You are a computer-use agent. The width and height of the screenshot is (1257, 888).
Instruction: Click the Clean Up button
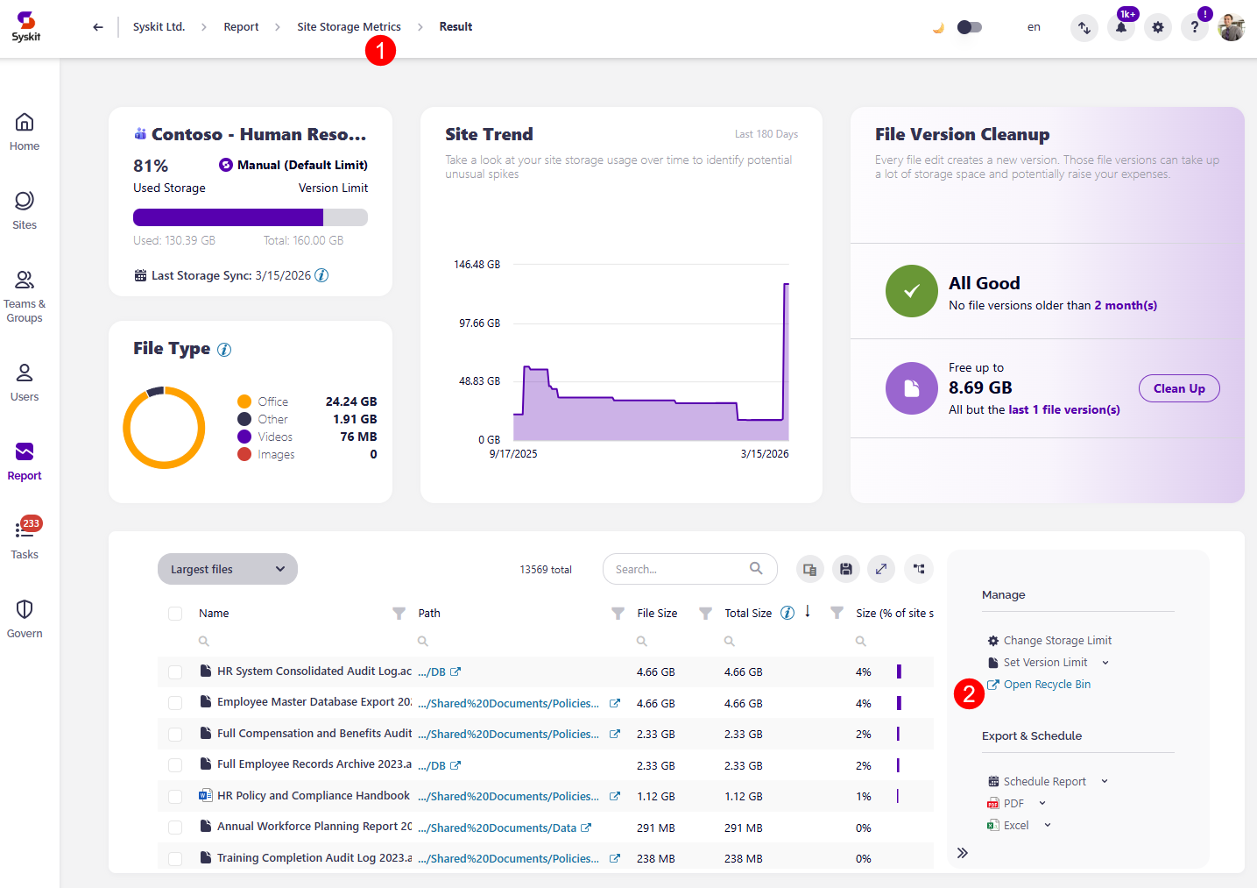coord(1178,388)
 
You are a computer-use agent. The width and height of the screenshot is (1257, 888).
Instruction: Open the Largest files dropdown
coord(228,569)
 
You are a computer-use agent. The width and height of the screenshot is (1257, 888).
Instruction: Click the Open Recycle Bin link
coord(1046,685)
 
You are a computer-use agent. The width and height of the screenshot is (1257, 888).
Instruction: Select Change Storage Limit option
coord(1056,641)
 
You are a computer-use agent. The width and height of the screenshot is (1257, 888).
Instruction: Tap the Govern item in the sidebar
coord(25,618)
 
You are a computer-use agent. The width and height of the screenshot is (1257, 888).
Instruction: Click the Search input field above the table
coord(679,569)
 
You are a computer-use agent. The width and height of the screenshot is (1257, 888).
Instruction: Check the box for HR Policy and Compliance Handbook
coord(175,797)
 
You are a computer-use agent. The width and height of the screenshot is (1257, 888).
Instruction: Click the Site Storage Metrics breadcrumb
coord(349,27)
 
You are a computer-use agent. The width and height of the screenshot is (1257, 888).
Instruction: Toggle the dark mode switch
coord(969,27)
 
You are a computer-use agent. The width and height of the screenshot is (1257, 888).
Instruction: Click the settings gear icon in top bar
coord(1157,27)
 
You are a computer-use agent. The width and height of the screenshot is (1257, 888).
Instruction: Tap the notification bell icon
coord(1120,27)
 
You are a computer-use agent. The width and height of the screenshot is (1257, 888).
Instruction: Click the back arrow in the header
coord(97,27)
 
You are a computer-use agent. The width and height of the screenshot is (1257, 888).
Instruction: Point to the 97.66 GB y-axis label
coord(479,323)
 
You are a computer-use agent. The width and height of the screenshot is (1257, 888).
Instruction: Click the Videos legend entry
coord(274,437)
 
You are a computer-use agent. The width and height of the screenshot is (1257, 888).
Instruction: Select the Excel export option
coord(1015,826)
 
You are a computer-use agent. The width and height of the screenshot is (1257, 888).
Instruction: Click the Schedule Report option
coord(1043,782)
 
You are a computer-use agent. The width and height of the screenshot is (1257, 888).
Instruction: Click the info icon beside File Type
coord(224,350)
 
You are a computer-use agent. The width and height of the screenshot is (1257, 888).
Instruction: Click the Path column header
coord(429,614)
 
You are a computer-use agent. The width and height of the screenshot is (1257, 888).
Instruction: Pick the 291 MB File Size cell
coord(655,828)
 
